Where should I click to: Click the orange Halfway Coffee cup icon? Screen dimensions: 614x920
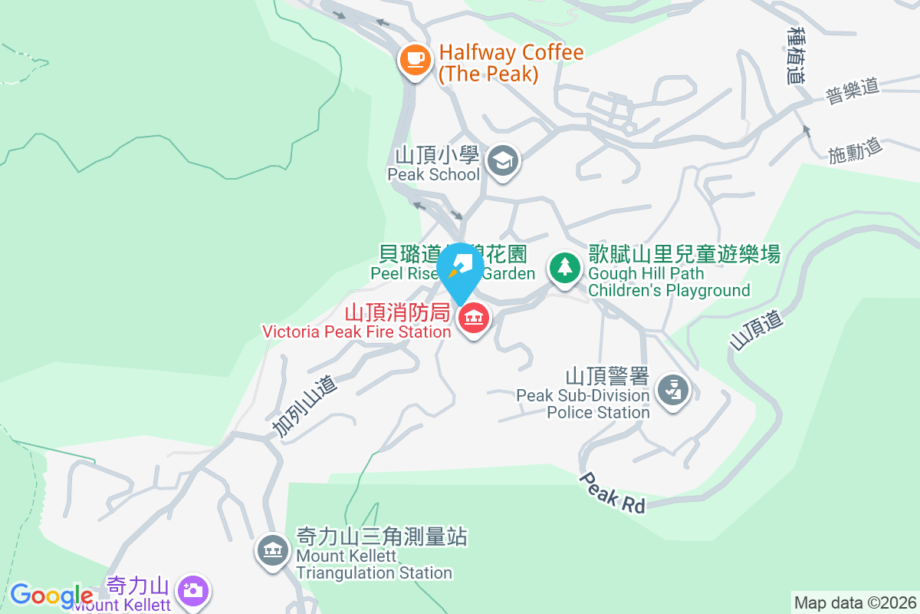tap(416, 59)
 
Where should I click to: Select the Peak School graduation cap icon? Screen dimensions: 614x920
tap(504, 161)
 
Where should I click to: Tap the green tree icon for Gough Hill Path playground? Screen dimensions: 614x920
tap(565, 267)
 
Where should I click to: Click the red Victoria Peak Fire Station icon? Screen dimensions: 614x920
tap(474, 318)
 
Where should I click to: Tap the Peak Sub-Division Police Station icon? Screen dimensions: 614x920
tap(673, 391)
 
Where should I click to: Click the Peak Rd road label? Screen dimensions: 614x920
tap(612, 492)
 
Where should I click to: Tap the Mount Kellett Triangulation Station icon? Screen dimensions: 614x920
tap(272, 549)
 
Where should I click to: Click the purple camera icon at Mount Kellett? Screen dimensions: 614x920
tap(192, 590)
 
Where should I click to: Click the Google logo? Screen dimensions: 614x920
tap(51, 596)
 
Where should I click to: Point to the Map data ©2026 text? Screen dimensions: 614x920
tap(854, 602)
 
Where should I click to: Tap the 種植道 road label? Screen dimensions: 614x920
tap(797, 54)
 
